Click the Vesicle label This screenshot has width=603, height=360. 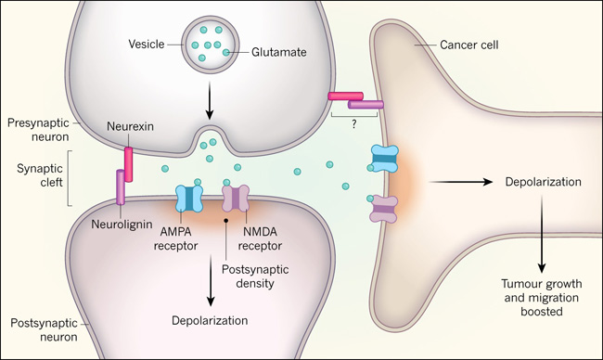[x=147, y=45]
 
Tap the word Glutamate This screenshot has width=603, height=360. [x=279, y=52]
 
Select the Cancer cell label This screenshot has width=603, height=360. [x=469, y=45]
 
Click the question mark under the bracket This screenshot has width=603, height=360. [x=354, y=124]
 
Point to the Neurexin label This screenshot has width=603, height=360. [x=131, y=126]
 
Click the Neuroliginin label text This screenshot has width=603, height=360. [x=122, y=225]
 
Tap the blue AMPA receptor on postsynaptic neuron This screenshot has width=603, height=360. [x=189, y=199]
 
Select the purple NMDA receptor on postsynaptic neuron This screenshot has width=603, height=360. [x=236, y=199]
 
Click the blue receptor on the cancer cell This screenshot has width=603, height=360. [x=384, y=159]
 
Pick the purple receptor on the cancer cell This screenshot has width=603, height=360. [x=383, y=209]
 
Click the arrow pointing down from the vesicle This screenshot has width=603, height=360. [x=210, y=100]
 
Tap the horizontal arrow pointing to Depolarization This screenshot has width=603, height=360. [x=461, y=182]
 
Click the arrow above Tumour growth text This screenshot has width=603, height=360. [x=542, y=234]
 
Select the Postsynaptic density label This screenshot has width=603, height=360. [x=255, y=276]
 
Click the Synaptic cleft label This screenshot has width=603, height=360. [x=40, y=175]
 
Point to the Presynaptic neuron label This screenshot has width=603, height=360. [x=38, y=130]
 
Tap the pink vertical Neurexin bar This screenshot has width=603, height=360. [x=128, y=165]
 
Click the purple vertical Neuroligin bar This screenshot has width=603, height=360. [x=121, y=186]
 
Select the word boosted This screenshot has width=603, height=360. [x=542, y=311]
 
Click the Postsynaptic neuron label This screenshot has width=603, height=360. [x=44, y=330]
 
